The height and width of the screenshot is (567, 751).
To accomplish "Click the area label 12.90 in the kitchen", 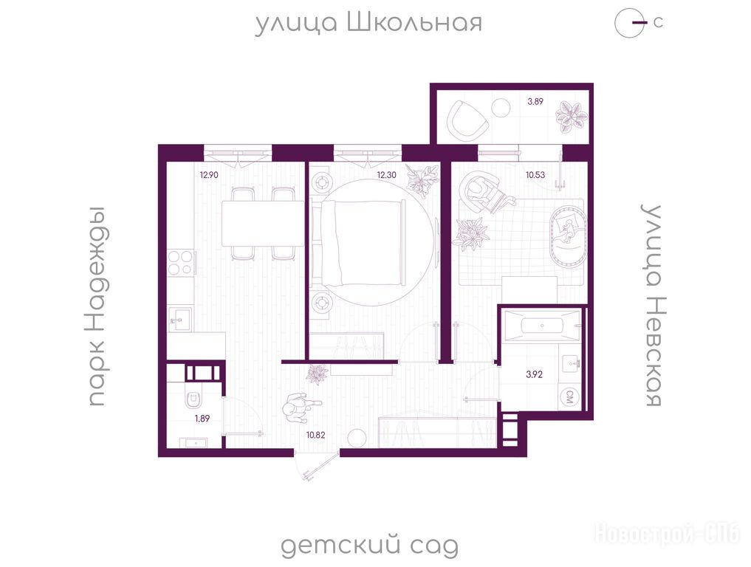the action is pyautogui.click(x=209, y=175).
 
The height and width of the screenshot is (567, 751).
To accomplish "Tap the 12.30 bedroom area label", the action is pyautogui.click(x=386, y=175).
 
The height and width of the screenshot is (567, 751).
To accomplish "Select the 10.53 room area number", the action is pyautogui.click(x=535, y=175).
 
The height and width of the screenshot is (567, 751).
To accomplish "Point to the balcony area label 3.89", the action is pyautogui.click(x=535, y=101).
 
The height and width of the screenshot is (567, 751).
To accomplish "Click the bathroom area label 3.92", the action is pyautogui.click(x=534, y=374).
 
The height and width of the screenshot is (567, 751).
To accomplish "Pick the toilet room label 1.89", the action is pyautogui.click(x=202, y=418).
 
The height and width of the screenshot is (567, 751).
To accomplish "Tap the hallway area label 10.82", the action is pyautogui.click(x=316, y=435).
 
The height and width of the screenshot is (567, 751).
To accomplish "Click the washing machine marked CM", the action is pyautogui.click(x=570, y=397).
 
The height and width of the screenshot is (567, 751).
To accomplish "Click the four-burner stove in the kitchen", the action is pyautogui.click(x=182, y=263).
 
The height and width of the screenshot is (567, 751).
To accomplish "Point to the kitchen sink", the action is pyautogui.click(x=180, y=318).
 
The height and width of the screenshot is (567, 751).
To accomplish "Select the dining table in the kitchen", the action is pyautogui.click(x=262, y=224).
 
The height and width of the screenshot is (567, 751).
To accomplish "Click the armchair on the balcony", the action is pyautogui.click(x=467, y=118).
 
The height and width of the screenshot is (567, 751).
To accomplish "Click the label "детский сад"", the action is pyautogui.click(x=369, y=545).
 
